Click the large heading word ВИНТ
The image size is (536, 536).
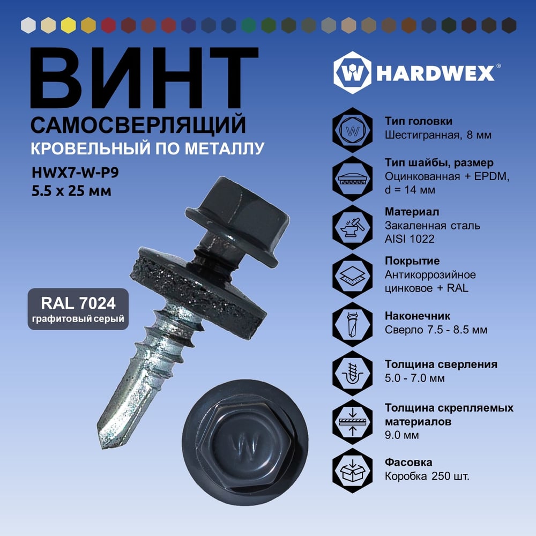pyautogui.click(x=144, y=78)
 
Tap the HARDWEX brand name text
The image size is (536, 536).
pyautogui.click(x=435, y=73)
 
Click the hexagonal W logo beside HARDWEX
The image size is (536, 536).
pyautogui.click(x=352, y=73)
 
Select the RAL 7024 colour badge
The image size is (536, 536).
pyautogui.click(x=78, y=309)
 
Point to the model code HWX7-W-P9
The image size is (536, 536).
pyautogui.click(x=75, y=173)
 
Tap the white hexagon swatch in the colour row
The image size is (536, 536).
pyautogui.click(x=28, y=25)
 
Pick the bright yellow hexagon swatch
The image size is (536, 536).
pyautogui.click(x=69, y=25)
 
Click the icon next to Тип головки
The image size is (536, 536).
pyautogui.click(x=353, y=130)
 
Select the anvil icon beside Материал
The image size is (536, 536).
pyautogui.click(x=353, y=227)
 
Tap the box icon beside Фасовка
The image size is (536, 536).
pyautogui.click(x=353, y=471)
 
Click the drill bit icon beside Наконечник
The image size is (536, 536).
pyautogui.click(x=353, y=324)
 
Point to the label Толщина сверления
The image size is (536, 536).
pyautogui.click(x=441, y=364)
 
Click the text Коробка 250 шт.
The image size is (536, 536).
pyautogui.click(x=427, y=476)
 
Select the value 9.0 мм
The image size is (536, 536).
pyautogui.click(x=401, y=435)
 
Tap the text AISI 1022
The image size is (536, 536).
pyautogui.click(x=410, y=239)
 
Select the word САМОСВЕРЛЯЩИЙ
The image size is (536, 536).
pyautogui.click(x=138, y=125)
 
